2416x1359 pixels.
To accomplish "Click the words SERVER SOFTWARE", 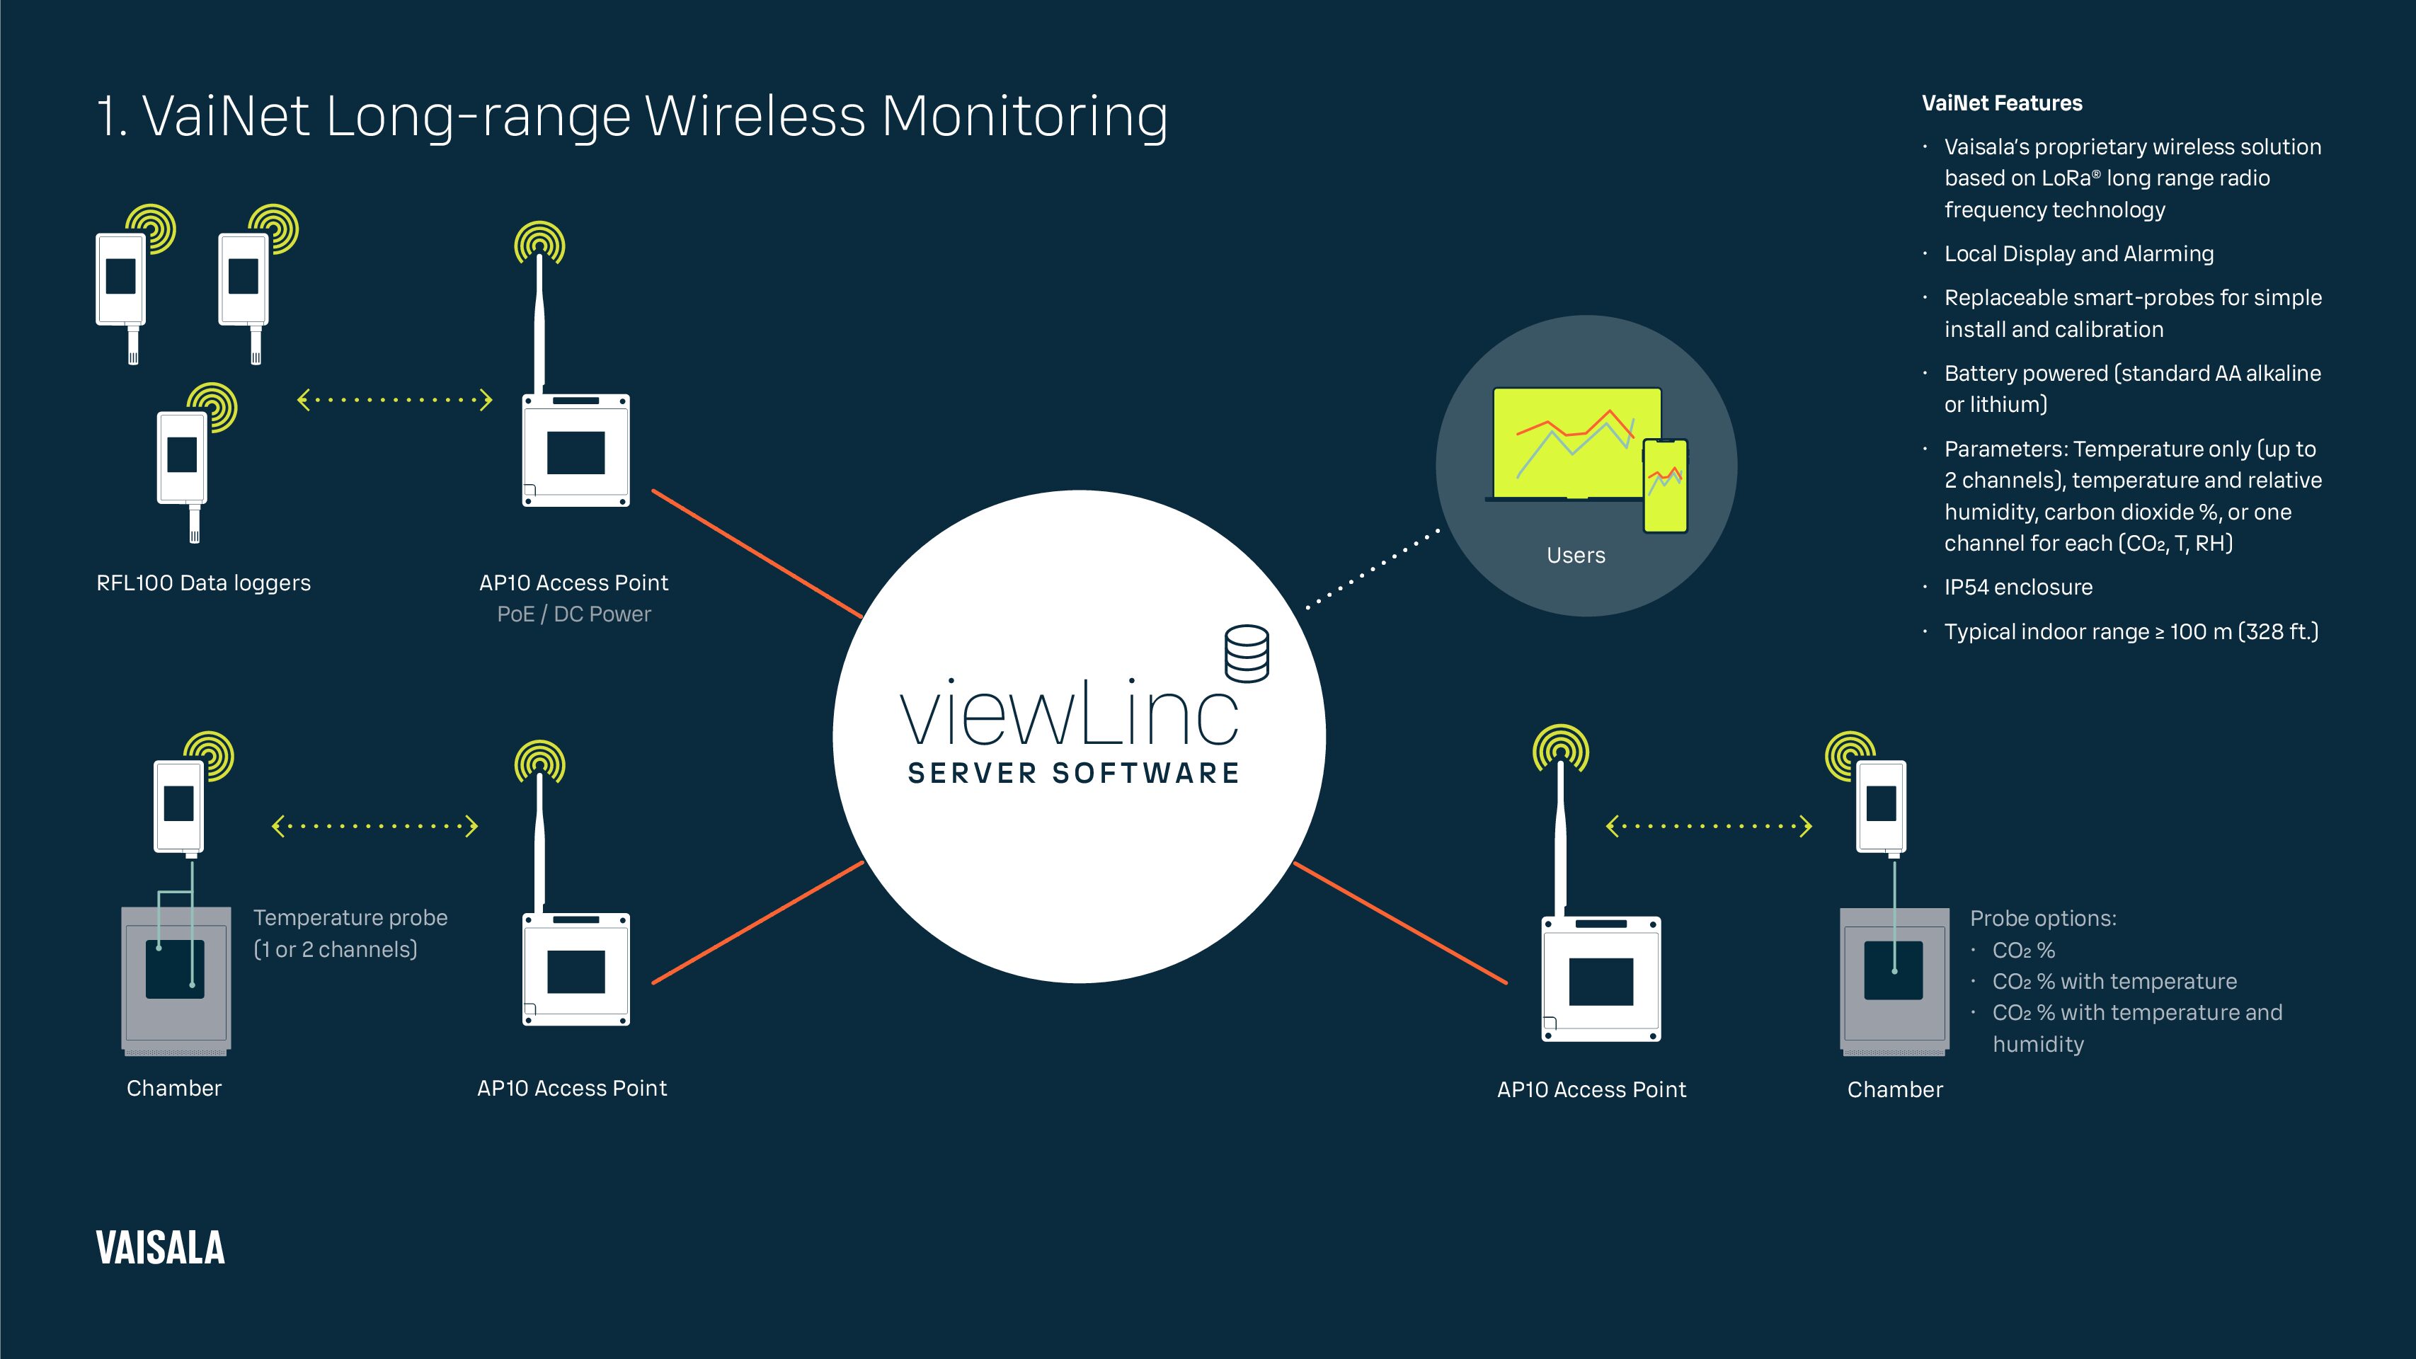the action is (x=1074, y=774).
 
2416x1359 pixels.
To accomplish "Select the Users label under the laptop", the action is (x=1576, y=555).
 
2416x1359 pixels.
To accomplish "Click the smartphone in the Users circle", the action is (x=1666, y=486).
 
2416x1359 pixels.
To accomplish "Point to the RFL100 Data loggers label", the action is (x=204, y=583).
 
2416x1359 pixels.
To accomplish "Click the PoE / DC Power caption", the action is (x=574, y=614).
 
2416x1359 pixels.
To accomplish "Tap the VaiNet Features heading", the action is (x=2001, y=103).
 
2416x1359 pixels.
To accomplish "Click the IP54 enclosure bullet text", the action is (x=2018, y=587).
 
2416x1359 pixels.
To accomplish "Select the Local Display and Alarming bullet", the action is (x=2078, y=254).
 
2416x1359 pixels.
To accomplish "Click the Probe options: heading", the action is (x=2043, y=918).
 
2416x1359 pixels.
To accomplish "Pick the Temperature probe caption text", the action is (x=350, y=933).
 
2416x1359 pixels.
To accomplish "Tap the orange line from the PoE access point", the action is (x=757, y=554).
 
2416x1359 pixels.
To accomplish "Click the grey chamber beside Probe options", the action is (x=1894, y=981).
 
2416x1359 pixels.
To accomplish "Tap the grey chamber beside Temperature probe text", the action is (x=176, y=981).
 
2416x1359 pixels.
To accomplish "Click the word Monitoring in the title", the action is (x=1024, y=117).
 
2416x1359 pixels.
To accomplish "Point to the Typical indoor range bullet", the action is (x=2131, y=632).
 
